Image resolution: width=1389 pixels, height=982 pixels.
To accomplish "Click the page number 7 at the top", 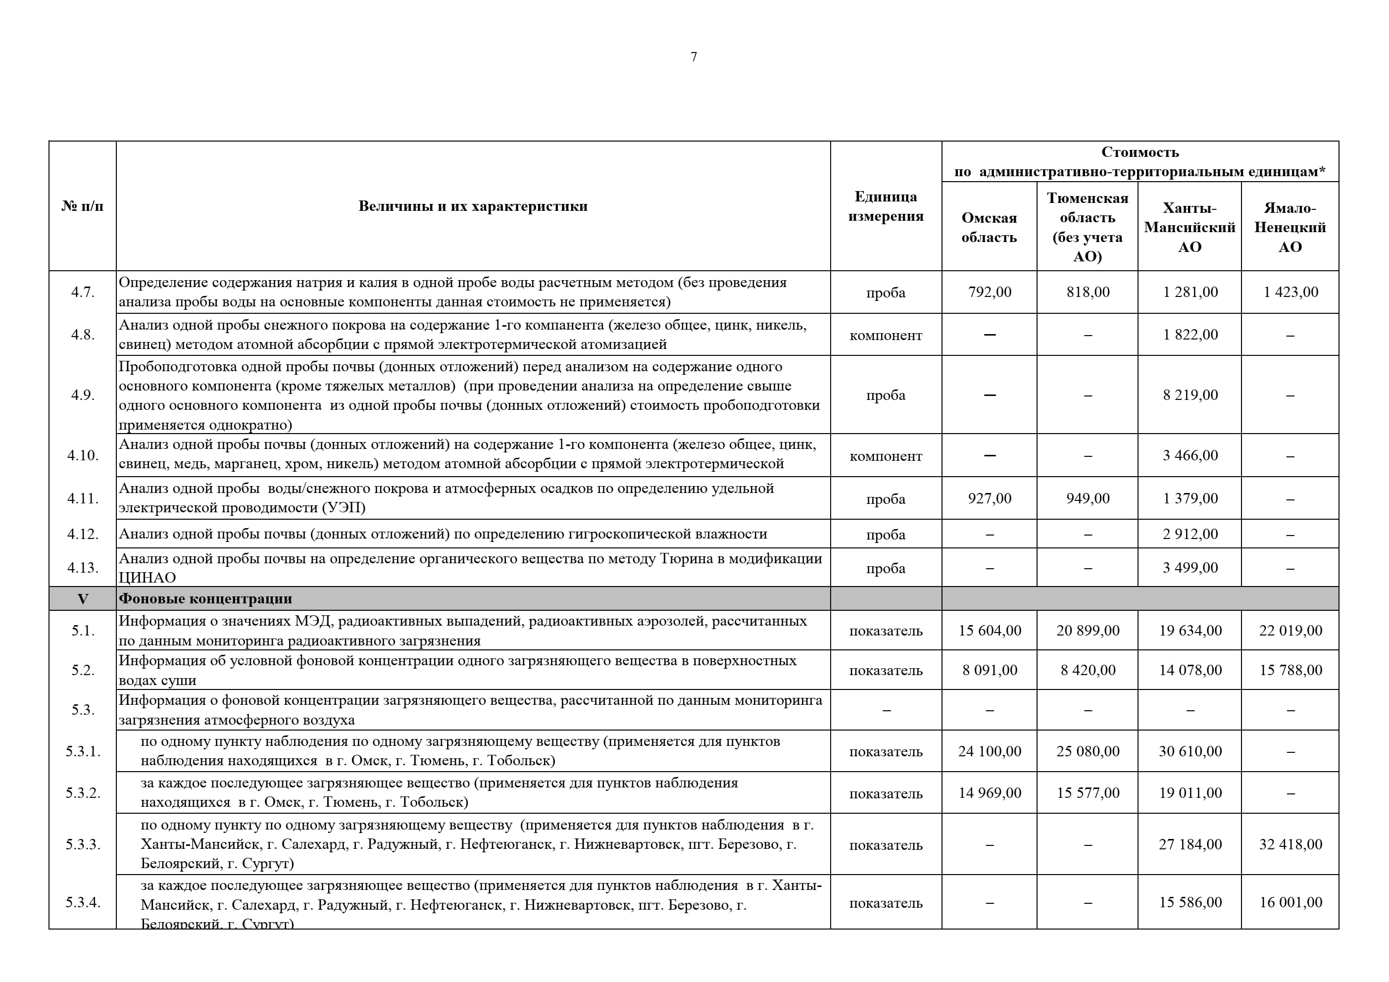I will tap(694, 57).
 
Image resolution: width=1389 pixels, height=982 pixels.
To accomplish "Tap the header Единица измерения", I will tap(886, 206).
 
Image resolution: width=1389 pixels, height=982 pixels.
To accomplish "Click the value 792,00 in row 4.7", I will tap(989, 292).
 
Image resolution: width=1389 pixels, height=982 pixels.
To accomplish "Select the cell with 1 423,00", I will tap(1290, 292).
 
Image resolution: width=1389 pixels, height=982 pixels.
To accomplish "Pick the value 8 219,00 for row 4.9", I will tap(1190, 395).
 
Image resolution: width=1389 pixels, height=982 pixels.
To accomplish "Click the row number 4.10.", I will tap(83, 455).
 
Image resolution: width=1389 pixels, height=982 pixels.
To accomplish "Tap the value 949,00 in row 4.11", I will tap(1088, 498).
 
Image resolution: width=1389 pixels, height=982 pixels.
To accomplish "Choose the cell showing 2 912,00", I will tap(1190, 534).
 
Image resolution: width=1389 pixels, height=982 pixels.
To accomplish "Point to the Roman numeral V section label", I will tap(83, 599).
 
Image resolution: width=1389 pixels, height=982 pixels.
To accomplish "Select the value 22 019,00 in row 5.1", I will tap(1290, 631).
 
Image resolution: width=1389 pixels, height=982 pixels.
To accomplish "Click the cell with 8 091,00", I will tap(989, 670).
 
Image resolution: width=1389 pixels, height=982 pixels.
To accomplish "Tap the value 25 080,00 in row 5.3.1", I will tap(1088, 751).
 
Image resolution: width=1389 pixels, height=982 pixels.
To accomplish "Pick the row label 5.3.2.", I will tap(83, 793).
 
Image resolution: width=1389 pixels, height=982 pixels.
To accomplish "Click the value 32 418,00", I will tap(1290, 845).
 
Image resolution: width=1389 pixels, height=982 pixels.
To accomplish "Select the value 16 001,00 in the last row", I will tap(1290, 903).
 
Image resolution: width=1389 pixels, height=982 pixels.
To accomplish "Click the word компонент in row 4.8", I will tap(886, 335).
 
